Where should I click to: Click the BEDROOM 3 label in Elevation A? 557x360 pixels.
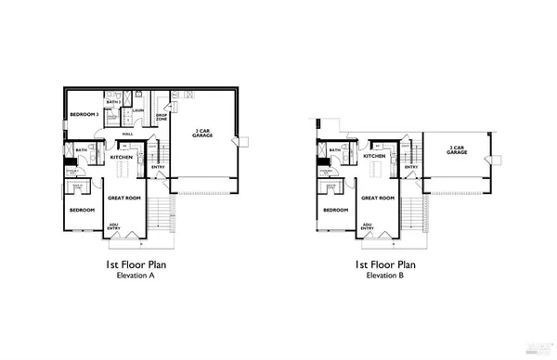click(84, 114)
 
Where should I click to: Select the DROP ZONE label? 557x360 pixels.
click(160, 116)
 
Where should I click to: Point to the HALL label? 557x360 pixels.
click(127, 133)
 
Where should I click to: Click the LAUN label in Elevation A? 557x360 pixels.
click(136, 111)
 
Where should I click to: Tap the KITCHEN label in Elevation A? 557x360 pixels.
click(123, 157)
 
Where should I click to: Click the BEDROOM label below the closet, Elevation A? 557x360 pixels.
click(83, 210)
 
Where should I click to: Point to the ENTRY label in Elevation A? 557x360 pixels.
click(158, 167)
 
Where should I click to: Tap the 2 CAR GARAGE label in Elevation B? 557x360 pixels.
click(456, 148)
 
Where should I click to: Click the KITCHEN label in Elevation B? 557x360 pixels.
click(374, 156)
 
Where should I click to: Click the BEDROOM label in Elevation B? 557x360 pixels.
click(334, 210)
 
